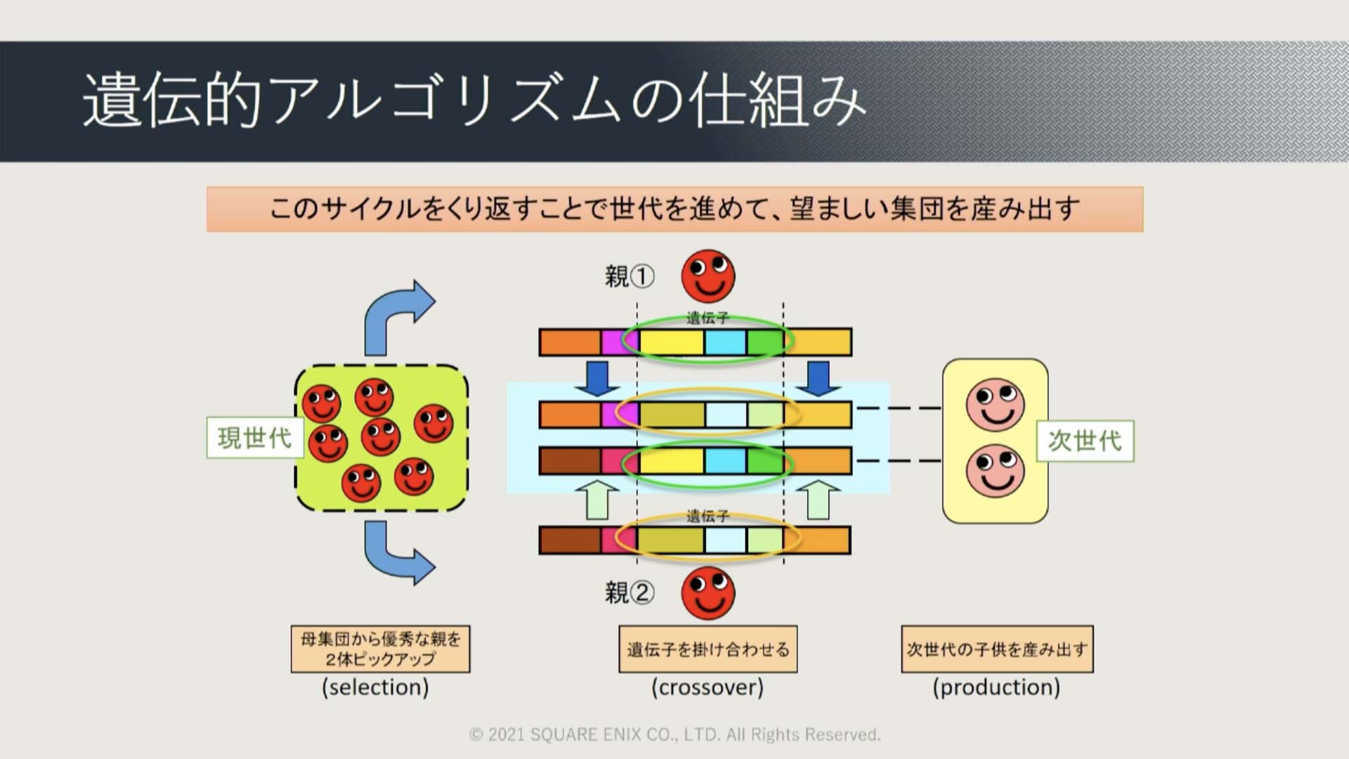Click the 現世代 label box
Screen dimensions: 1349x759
(x=254, y=438)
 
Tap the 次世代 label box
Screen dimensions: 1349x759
(x=1086, y=441)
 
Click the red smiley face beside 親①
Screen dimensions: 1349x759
(x=708, y=275)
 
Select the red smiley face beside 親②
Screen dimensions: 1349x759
(x=708, y=593)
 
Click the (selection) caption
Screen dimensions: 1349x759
(x=375, y=687)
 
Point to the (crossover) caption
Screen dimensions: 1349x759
(x=708, y=687)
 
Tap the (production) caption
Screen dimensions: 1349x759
(x=996, y=687)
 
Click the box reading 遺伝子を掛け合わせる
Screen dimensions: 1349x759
(x=708, y=649)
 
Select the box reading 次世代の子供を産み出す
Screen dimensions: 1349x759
(x=998, y=649)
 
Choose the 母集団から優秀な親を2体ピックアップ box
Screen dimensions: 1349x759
(x=381, y=649)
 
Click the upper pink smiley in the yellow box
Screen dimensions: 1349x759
(x=996, y=405)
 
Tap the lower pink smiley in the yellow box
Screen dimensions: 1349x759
(x=996, y=471)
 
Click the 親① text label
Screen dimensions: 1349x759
(x=630, y=276)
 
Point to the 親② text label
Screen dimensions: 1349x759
(x=630, y=592)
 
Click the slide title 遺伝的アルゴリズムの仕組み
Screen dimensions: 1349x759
(x=474, y=100)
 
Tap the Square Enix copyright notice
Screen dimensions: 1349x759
(x=674, y=734)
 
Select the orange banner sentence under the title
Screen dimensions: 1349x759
(x=674, y=209)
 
